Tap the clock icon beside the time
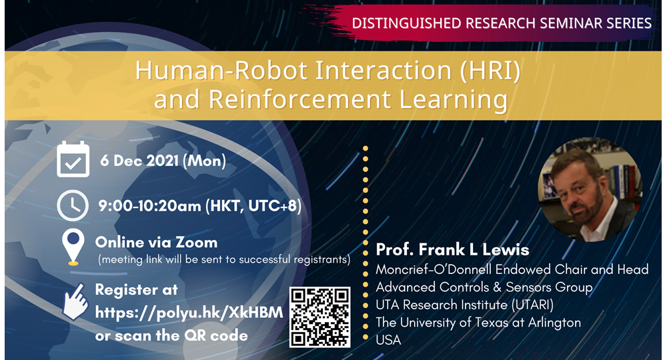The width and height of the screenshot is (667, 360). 73,205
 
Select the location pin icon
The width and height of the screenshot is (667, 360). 73,247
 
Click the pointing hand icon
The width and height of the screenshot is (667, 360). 75,302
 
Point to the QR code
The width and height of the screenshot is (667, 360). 320,317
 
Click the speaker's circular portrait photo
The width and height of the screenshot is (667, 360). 590,189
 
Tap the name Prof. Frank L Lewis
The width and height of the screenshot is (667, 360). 452,249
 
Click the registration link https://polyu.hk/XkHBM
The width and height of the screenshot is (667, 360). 189,313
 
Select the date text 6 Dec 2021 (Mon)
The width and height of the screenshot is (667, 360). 163,161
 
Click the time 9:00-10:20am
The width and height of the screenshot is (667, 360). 149,206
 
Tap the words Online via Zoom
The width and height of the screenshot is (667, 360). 156,242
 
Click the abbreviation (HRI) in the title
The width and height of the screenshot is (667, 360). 490,70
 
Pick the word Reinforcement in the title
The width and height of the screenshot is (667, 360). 300,99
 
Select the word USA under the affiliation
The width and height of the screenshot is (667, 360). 388,340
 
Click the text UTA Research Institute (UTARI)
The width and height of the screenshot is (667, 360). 464,305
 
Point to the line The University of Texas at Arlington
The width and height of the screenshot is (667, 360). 478,323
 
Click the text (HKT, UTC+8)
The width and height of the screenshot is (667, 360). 253,206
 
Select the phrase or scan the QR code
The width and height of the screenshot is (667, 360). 171,336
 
